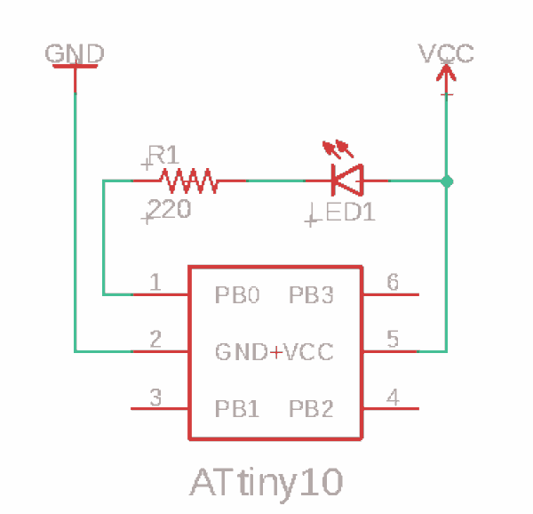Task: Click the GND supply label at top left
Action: coord(75,53)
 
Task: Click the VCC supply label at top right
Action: coord(446,53)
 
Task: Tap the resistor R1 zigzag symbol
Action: coord(189,181)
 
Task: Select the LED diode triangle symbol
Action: coord(347,180)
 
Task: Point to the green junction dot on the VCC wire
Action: coord(447,181)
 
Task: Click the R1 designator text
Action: coord(163,155)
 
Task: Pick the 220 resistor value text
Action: coord(170,208)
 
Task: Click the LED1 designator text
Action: coord(351,212)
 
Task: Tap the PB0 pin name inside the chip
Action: coord(237,294)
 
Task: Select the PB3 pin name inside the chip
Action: coord(311,294)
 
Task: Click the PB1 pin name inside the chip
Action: coord(237,408)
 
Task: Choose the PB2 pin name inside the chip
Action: coord(311,408)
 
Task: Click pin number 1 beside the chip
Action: coord(155,282)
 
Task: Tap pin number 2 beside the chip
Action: coord(155,339)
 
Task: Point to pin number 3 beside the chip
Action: coord(155,398)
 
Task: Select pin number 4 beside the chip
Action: coord(393,397)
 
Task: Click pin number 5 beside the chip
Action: coord(393,339)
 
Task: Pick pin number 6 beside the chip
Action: coord(393,282)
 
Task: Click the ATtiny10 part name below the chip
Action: coord(266,483)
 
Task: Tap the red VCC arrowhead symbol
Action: coord(446,72)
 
